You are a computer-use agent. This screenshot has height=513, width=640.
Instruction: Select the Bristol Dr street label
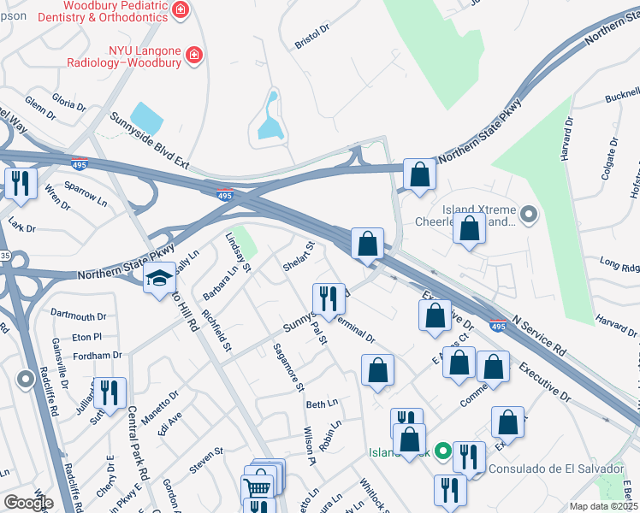[x=311, y=34]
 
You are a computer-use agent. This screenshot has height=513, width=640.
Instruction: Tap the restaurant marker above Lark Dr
[x=20, y=182]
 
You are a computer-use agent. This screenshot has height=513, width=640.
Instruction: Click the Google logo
[x=27, y=503]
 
